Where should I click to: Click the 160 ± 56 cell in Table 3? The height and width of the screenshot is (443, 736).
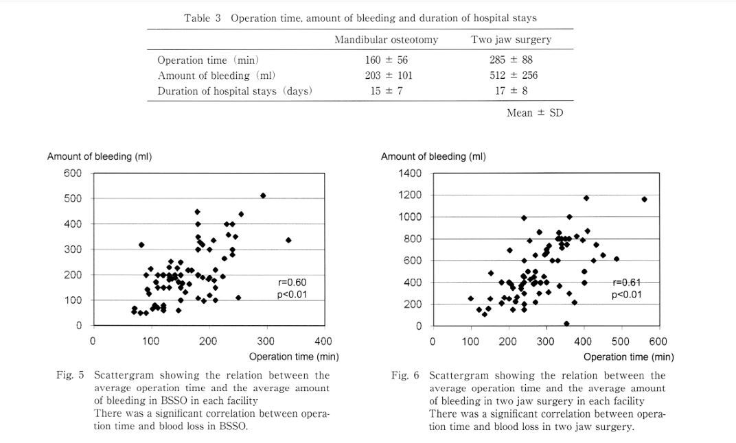[387, 60]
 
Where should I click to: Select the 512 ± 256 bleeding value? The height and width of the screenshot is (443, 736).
[513, 75]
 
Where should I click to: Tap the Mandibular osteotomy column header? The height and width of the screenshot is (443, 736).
[387, 40]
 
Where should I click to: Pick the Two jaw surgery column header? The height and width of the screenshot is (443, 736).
[511, 40]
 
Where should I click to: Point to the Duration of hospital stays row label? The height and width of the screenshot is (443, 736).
[235, 91]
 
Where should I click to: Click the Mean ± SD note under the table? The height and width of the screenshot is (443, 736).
[535, 113]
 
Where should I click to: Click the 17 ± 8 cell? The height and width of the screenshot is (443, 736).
[511, 91]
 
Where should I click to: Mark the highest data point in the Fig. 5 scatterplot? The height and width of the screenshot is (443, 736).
[263, 195]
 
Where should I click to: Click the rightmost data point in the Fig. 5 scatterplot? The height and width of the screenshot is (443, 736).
[288, 240]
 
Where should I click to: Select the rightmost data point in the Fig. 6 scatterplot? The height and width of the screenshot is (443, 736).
[644, 200]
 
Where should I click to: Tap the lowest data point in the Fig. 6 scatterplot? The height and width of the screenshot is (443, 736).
[566, 324]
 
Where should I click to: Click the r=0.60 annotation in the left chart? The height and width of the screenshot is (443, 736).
[292, 283]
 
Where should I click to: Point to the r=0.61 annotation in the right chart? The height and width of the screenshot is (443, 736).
[627, 283]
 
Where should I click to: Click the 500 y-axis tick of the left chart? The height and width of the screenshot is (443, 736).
[73, 198]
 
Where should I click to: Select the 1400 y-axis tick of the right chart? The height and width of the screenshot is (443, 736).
[410, 173]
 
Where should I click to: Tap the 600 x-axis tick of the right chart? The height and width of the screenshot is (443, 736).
[658, 342]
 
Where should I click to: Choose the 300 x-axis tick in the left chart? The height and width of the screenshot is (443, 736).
[266, 341]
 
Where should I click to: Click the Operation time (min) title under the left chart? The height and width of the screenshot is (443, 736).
[294, 357]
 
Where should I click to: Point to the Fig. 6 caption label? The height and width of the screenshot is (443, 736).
[404, 376]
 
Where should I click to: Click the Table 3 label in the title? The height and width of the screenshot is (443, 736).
[203, 19]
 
